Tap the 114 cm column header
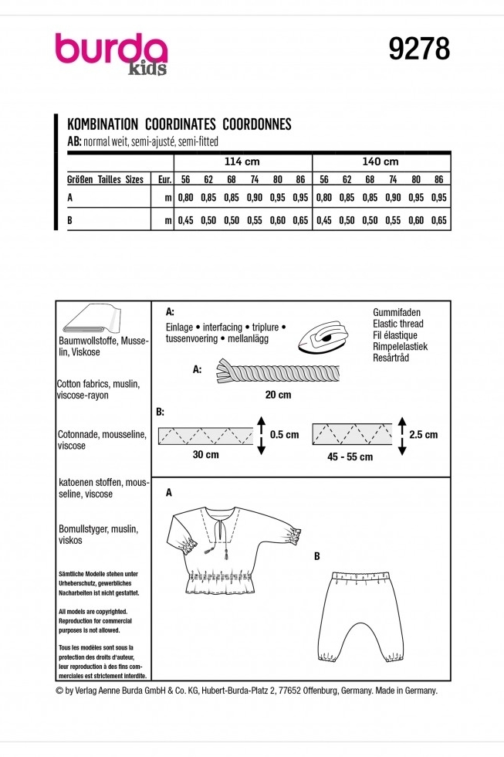(x=242, y=162)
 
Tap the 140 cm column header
(x=380, y=162)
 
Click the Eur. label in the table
(x=164, y=179)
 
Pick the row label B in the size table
(x=71, y=220)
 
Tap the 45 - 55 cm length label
(x=350, y=457)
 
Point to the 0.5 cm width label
(x=284, y=434)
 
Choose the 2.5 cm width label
(x=422, y=434)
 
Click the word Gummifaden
(x=397, y=313)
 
